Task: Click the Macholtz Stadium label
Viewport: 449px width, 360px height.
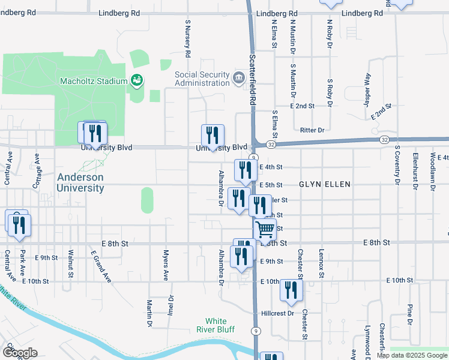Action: tap(94, 81)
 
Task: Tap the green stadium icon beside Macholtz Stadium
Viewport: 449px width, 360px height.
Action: tap(136, 80)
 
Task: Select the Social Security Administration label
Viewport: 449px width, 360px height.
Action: tap(202, 79)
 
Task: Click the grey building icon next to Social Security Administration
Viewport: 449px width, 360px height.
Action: tap(239, 76)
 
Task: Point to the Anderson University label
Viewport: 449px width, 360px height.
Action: tap(80, 182)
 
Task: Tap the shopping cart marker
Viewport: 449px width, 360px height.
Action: tap(265, 229)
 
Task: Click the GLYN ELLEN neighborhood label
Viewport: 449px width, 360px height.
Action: tap(324, 185)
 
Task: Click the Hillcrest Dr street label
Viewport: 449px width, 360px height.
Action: tap(277, 313)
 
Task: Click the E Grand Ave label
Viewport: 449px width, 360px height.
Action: tap(101, 266)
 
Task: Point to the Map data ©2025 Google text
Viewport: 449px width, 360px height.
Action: tap(411, 355)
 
